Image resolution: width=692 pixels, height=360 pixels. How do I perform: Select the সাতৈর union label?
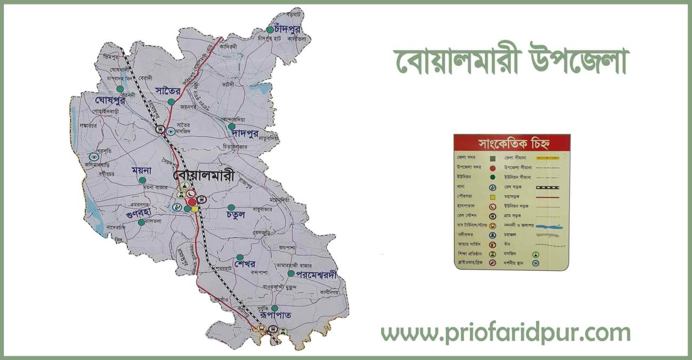167,90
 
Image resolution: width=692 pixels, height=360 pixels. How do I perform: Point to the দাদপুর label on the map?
245,132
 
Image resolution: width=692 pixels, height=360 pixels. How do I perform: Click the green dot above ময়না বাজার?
142,180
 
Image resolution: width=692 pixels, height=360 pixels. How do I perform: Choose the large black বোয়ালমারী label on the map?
204,176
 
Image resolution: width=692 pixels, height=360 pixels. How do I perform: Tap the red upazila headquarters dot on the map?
192,202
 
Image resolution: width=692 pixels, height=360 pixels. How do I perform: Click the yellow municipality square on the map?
195,209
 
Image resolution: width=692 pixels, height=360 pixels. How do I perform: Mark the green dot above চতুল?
231,207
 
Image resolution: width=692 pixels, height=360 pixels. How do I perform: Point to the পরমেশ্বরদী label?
316,275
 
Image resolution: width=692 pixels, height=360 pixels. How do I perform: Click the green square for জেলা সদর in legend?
493,158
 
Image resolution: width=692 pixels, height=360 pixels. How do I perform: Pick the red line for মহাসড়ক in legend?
547,197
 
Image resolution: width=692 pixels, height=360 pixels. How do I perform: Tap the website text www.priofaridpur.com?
505,333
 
